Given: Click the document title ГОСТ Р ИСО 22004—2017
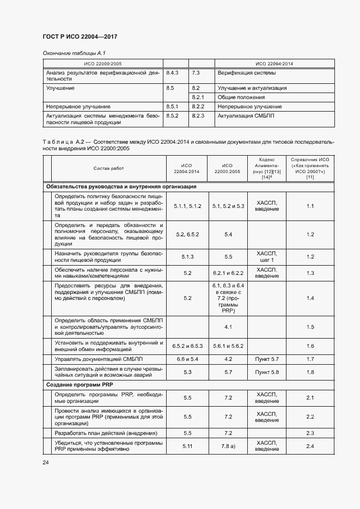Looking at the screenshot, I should point(80,36).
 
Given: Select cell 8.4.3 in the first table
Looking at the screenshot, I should point(173,72).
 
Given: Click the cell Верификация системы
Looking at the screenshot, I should point(246,72).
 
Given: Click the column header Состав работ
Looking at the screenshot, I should point(108,169).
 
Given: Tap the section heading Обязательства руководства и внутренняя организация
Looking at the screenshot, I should point(121,187).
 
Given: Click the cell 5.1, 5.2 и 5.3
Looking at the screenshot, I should point(228,206).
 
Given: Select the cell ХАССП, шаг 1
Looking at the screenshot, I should point(266,256).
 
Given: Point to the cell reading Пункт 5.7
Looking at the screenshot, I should point(266,359).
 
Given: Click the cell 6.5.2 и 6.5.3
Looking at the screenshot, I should point(187,346).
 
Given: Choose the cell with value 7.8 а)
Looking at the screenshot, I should point(228,446).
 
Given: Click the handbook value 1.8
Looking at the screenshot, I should point(310,372).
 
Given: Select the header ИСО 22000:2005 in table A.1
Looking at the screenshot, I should point(103,63).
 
